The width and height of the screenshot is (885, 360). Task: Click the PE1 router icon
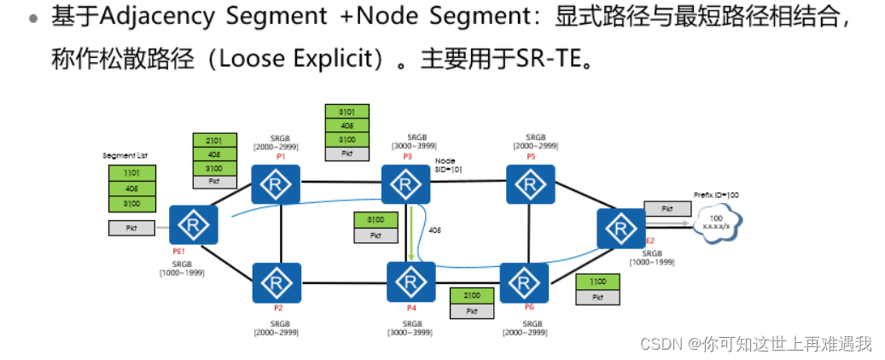[194, 224]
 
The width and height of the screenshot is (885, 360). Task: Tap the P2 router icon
[277, 282]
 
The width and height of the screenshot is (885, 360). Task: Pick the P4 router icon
[410, 282]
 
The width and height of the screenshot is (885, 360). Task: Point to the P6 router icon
[524, 282]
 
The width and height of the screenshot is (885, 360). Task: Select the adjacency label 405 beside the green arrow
[435, 230]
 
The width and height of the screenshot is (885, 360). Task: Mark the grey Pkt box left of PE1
[131, 228]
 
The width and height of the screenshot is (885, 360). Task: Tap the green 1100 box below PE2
[597, 282]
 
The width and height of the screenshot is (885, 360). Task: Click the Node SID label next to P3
[446, 165]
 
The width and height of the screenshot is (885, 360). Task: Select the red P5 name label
[530, 157]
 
